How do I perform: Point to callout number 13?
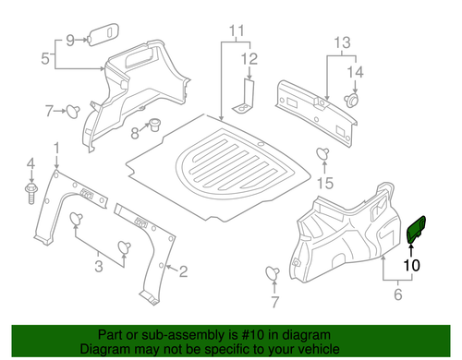coord(343,42)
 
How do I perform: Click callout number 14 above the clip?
coord(354,71)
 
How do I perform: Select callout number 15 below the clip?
coord(323,183)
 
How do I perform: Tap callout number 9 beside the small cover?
coord(68,40)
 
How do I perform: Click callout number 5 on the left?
coord(45,59)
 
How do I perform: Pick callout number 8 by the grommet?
coord(135,132)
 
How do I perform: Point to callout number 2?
coord(183,271)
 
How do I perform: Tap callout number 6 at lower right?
coord(399,295)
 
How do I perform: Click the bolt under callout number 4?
coord(30,194)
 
